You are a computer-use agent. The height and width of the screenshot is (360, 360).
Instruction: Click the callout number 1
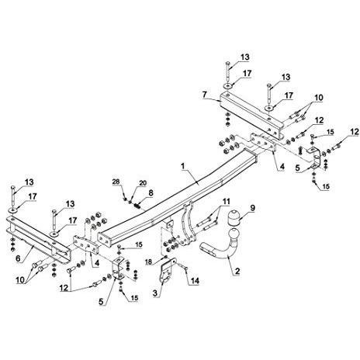tap(183, 166)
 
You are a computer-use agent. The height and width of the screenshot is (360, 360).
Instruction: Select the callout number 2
tap(237, 271)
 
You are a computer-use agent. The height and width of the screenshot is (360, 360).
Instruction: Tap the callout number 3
tap(155, 293)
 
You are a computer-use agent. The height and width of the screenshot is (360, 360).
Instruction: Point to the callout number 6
tap(18, 258)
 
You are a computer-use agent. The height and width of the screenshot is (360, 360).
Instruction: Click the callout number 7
tap(205, 95)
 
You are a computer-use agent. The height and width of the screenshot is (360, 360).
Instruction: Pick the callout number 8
tap(151, 192)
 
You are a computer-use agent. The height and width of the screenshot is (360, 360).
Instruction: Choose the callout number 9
tap(252, 208)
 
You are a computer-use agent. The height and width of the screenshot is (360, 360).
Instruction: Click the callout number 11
tap(227, 202)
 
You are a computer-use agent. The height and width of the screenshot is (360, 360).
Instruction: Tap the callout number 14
tap(195, 281)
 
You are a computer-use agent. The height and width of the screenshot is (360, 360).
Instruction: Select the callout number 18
tap(148, 261)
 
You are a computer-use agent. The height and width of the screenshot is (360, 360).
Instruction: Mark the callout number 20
tap(143, 183)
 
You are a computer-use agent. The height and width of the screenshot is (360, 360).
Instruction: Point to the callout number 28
tap(116, 182)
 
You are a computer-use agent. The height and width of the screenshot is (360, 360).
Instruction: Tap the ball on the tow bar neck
tap(234, 234)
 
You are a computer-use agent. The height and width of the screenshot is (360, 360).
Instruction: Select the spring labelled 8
tap(137, 206)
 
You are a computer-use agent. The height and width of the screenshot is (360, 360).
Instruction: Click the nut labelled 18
tap(165, 257)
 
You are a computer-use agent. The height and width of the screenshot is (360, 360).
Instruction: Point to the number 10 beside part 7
tap(319, 98)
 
